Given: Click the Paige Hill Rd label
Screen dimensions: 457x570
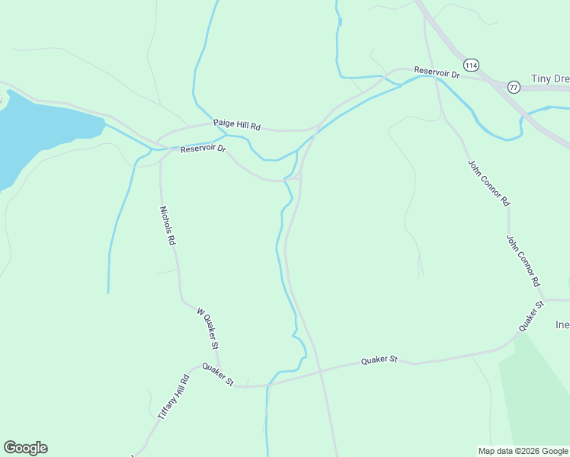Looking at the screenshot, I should pos(237,124).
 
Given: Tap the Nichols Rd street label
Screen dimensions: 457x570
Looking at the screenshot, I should pos(168,225).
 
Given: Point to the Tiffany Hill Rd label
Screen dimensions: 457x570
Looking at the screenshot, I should pos(173,397).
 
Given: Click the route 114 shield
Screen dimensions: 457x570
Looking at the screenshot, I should pos(472,65).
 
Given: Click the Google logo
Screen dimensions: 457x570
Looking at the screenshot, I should pos(25,448).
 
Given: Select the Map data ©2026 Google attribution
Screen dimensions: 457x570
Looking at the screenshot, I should pos(523,451).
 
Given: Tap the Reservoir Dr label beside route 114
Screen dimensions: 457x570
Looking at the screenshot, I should pos(437,73).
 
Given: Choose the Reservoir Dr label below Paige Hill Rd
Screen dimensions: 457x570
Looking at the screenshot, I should pos(203,149).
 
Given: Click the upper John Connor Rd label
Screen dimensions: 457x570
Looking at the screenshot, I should pos(488,183).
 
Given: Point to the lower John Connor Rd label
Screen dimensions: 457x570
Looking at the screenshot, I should pos(524,260).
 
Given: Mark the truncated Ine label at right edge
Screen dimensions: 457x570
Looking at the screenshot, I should pos(562,324).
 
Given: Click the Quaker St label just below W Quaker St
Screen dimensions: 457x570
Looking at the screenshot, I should pos(218,374).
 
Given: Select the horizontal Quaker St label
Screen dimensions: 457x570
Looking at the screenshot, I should pos(379,359).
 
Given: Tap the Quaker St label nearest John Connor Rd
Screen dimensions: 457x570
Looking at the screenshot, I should pos(530,316).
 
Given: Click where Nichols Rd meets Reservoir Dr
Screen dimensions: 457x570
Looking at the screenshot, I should pos(162,149).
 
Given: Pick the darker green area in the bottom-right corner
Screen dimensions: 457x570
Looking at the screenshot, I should pos(537,396).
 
